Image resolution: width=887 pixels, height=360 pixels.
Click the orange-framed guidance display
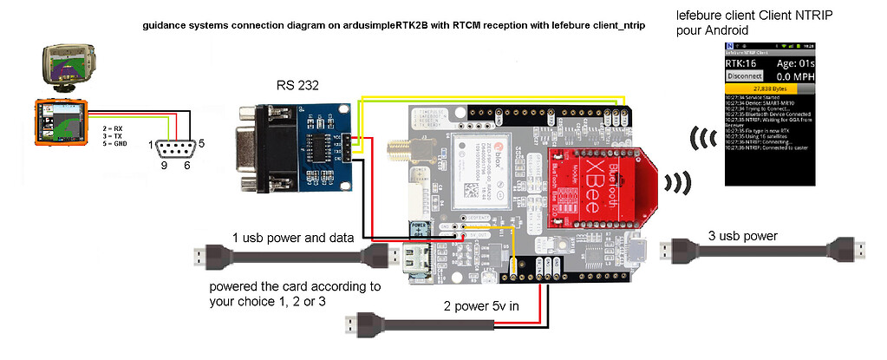coord(60,125)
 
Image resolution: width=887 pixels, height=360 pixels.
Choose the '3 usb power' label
coord(743,235)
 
